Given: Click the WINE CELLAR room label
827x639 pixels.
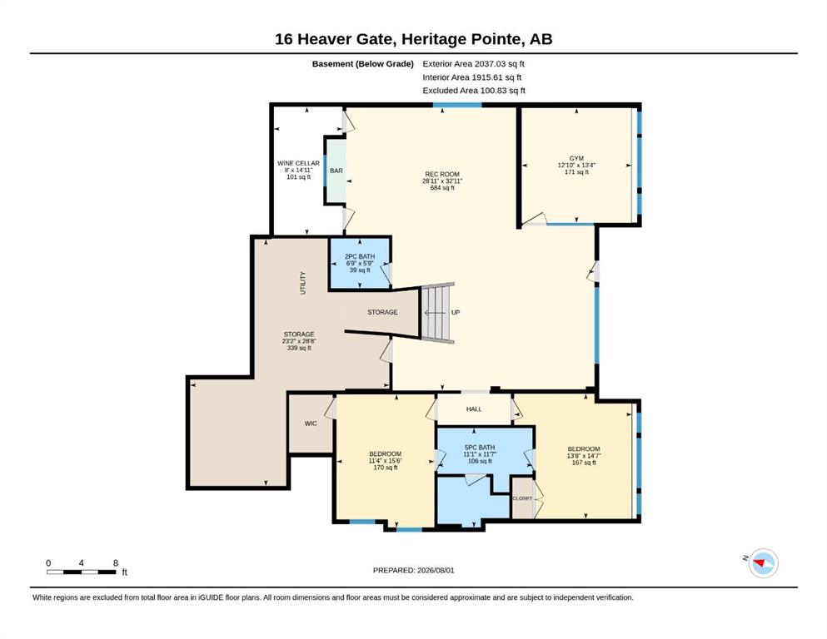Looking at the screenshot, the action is [298, 163].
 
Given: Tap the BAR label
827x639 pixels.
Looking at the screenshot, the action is [336, 171].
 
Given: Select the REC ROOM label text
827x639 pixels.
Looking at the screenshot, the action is [442, 175].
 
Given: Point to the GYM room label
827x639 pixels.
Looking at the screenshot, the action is [576, 159].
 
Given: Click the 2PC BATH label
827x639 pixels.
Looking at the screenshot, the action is [360, 256].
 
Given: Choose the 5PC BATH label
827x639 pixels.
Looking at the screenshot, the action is [480, 448].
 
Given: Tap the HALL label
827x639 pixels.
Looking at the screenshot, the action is [474, 409].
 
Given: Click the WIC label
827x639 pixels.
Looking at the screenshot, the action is [311, 424].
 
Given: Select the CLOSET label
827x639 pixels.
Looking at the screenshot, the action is [522, 498].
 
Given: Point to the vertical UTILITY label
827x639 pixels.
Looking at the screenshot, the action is [303, 283].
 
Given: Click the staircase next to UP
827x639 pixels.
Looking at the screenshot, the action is [436, 313].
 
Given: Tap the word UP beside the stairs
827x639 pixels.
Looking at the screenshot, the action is [456, 312].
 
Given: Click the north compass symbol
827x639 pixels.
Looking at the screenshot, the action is [763, 563].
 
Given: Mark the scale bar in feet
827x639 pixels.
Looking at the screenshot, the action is [82, 572].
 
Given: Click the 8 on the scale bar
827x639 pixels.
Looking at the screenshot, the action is [116, 563].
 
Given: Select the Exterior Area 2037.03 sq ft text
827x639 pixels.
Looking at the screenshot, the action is [473, 64].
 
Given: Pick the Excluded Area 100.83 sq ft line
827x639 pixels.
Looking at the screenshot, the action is [474, 91].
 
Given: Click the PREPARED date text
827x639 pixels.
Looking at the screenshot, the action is [413, 571].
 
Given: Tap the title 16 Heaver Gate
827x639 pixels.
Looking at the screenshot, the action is [335, 39].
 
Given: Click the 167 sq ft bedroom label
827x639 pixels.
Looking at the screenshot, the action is [584, 463].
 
